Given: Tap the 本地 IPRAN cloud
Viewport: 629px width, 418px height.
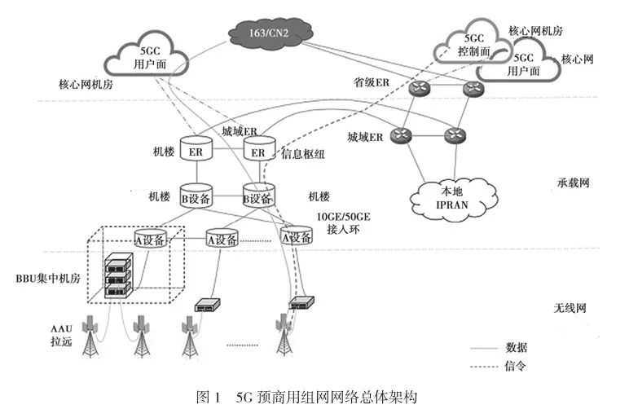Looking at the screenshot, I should pos(453,195).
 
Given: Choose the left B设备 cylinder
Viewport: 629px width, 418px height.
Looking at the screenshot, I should pos(196,196).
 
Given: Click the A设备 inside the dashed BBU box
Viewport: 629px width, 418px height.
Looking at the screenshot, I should pos(151,239).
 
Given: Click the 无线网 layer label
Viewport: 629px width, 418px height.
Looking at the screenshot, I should pos(569,309).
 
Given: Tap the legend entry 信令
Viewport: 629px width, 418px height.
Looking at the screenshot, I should pos(517,366).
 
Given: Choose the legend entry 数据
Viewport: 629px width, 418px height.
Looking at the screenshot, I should pos(517,347).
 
